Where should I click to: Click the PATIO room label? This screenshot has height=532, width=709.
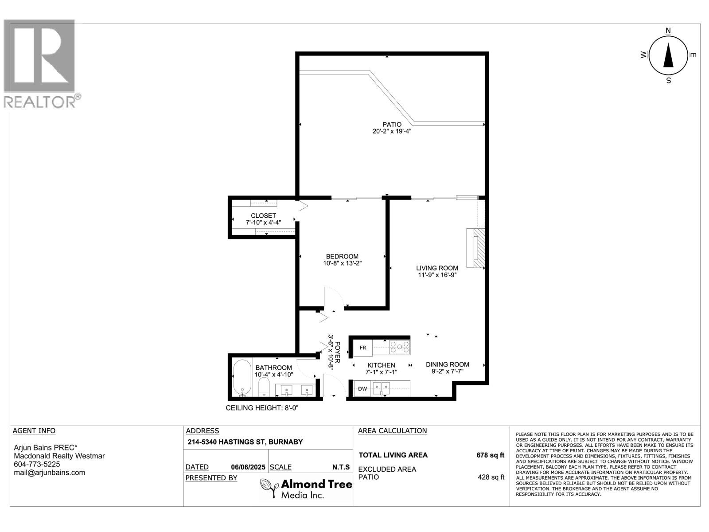tap(392, 125)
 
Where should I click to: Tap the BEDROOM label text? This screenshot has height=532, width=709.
tap(342, 256)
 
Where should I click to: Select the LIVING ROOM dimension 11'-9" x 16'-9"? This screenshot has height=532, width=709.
tap(437, 275)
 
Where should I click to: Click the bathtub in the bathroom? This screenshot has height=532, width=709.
tap(242, 377)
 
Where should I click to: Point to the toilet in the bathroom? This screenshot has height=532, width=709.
tap(264, 387)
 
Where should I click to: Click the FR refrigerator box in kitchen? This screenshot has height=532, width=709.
tap(363, 348)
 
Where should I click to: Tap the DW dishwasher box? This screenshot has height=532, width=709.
tap(362, 389)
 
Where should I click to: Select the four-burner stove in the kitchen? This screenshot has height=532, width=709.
tap(399, 347)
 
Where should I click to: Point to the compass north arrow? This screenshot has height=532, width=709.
tap(668, 56)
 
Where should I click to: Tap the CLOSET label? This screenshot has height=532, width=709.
tap(263, 215)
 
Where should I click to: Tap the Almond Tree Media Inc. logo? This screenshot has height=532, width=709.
tap(306, 488)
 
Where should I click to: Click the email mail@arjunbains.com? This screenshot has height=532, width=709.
tap(49, 473)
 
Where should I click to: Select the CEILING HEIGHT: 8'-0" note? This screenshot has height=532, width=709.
tap(262, 408)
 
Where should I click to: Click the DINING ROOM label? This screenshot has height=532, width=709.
tap(447, 364)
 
